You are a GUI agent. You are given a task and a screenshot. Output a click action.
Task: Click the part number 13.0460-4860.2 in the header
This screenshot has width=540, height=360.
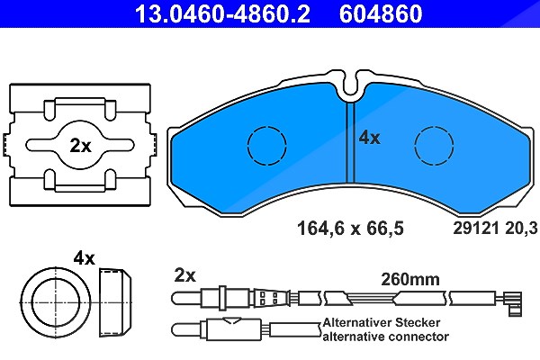(222, 13)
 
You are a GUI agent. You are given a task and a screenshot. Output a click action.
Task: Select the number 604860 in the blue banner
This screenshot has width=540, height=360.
(381, 13)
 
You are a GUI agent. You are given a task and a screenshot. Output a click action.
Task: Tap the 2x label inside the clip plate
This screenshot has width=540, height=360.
(81, 146)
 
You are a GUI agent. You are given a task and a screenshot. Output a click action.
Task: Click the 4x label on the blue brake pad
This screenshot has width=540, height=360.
(370, 138)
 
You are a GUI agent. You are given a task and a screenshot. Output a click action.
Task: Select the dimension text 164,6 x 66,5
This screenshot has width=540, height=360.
(350, 228)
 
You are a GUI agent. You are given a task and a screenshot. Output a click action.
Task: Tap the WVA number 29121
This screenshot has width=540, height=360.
(476, 228)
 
